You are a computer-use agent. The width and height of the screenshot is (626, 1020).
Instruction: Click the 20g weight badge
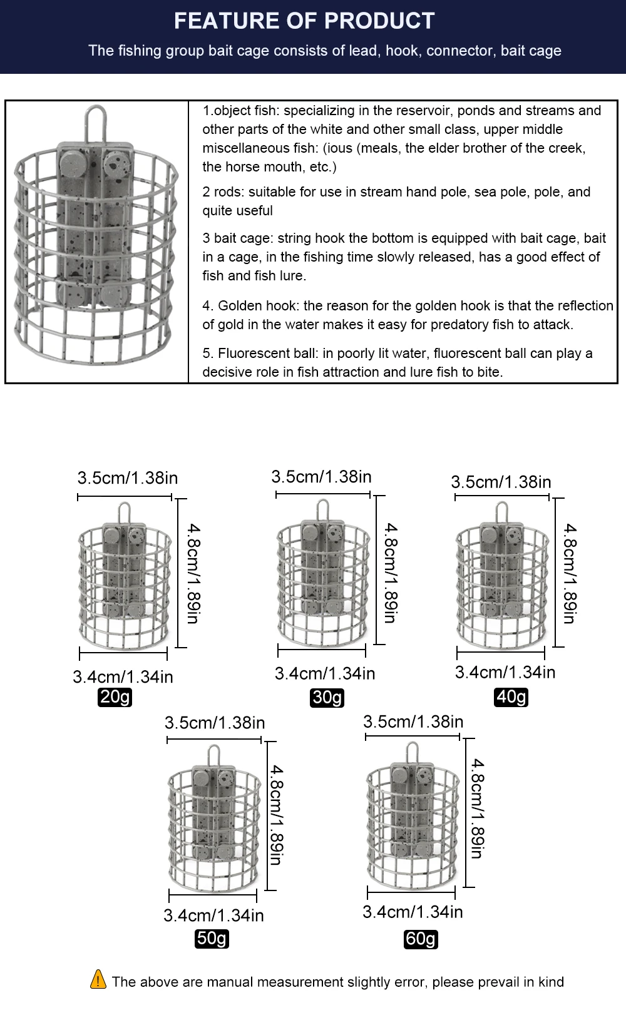tap(115, 697)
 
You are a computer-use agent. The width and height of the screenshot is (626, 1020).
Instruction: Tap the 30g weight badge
tap(327, 698)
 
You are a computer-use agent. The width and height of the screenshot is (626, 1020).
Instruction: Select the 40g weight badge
tap(511, 696)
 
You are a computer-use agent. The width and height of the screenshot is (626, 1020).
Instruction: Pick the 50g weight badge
tap(212, 939)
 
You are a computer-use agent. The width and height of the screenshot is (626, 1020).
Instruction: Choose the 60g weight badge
tap(421, 939)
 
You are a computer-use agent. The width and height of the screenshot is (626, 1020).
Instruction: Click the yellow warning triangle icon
tap(98, 979)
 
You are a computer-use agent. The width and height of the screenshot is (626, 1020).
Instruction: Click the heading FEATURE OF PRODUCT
tap(304, 21)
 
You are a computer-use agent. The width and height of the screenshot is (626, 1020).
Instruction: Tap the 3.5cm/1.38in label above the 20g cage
tap(128, 478)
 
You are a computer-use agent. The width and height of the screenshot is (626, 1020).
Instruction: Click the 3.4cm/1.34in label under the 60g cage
tap(413, 912)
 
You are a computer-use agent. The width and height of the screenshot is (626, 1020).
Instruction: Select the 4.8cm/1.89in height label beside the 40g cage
tap(569, 573)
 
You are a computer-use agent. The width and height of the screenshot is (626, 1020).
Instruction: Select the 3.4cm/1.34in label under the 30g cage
tap(325, 673)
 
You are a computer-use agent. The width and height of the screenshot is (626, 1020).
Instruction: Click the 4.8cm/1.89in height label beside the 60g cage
tap(477, 808)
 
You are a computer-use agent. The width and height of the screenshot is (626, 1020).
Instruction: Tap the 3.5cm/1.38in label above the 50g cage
tap(215, 723)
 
